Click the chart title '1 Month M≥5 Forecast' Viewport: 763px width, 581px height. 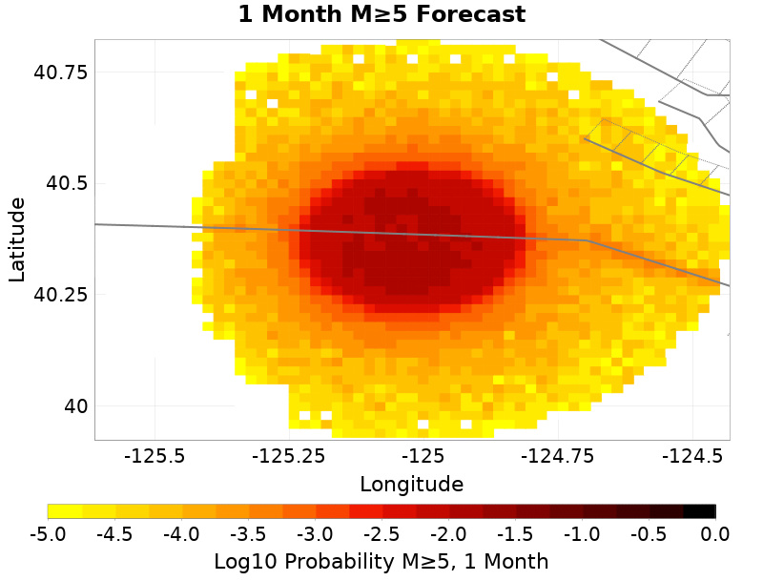click(x=381, y=14)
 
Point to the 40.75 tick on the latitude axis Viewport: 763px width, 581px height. click(x=61, y=73)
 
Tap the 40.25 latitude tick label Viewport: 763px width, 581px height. click(x=61, y=295)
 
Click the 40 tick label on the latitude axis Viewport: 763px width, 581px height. click(x=73, y=406)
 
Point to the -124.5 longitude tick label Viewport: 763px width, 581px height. click(x=691, y=456)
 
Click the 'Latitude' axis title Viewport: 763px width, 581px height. click(x=17, y=239)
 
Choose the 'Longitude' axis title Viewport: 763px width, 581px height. click(x=412, y=484)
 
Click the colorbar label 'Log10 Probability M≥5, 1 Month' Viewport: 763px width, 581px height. click(x=381, y=561)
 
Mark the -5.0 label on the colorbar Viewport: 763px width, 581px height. click(x=48, y=533)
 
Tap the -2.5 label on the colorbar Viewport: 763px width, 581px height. click(x=381, y=533)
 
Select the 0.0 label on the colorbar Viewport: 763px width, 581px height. click(x=715, y=533)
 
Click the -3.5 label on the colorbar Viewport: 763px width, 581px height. click(x=248, y=533)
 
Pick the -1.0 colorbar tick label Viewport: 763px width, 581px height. click(x=582, y=533)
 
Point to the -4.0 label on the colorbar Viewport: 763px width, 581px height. click(x=181, y=533)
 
